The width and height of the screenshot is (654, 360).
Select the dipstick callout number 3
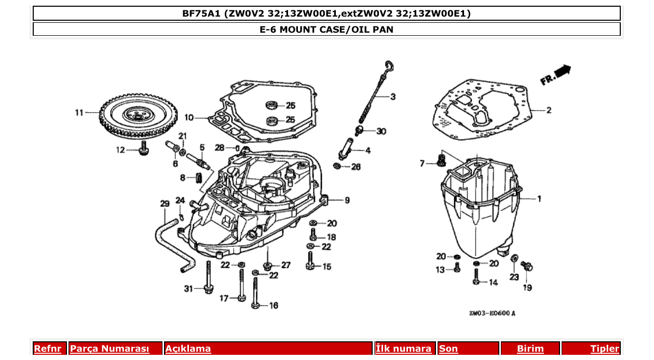[x=393, y=96]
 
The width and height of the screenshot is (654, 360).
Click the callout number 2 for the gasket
[x=549, y=110]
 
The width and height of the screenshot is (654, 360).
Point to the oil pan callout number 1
[x=539, y=199]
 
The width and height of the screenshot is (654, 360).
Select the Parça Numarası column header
[x=110, y=349]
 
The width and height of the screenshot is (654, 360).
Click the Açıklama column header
[x=188, y=349]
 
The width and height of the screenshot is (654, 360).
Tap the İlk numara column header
[x=403, y=349]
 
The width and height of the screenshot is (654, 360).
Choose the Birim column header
[x=530, y=349]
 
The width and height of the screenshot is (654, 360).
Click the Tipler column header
[x=604, y=349]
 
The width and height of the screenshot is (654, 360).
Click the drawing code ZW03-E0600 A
[x=492, y=313]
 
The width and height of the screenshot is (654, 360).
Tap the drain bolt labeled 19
[x=528, y=267]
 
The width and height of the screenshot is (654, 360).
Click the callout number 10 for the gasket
[x=189, y=118]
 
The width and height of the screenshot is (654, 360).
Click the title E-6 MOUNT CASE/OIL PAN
[x=326, y=30]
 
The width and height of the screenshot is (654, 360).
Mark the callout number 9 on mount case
[x=347, y=200]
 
